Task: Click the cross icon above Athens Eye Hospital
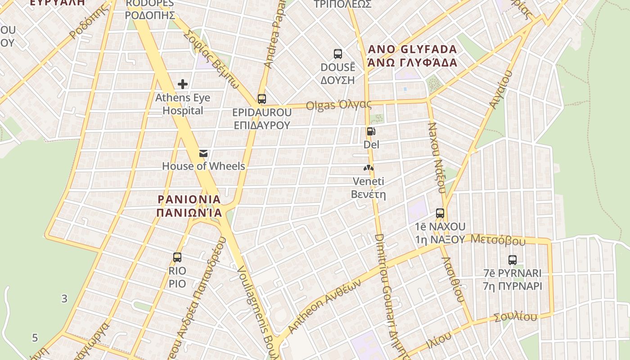[183, 84]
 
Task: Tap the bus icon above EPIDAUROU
[262, 99]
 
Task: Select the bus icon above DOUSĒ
[338, 54]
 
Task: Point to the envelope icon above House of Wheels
[203, 153]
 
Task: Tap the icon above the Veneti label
[369, 168]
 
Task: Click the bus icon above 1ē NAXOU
[440, 213]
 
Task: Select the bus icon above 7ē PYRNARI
[513, 260]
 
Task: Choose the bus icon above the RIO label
[177, 257]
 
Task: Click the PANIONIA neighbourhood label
[189, 206]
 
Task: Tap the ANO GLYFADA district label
[413, 56]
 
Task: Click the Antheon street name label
[324, 306]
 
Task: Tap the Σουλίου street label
[515, 317]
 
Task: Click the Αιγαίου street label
[500, 89]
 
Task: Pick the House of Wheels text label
[203, 166]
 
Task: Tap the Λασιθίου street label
[453, 279]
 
